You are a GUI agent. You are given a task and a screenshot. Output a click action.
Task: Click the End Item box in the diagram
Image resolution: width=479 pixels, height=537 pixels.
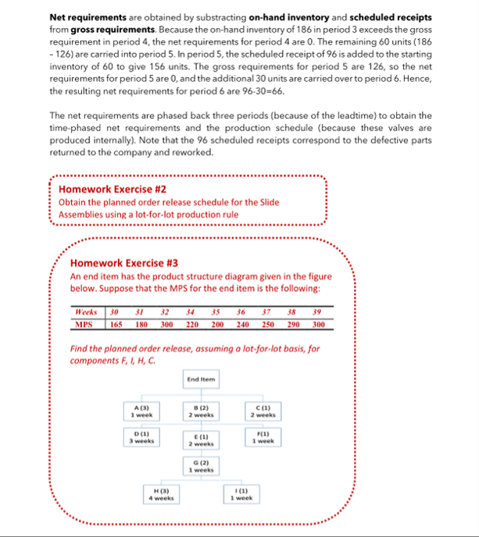tap(202, 379)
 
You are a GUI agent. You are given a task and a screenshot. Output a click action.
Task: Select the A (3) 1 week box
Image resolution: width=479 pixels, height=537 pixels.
tap(142, 410)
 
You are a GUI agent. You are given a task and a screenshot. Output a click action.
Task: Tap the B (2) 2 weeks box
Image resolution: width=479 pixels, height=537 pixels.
tap(202, 410)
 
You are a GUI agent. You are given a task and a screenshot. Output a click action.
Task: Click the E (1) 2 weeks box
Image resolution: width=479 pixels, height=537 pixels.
tap(202, 439)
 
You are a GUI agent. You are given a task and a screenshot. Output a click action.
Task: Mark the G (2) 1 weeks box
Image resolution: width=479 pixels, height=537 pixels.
tap(202, 468)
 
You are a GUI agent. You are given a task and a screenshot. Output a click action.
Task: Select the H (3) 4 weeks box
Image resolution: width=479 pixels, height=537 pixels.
tap(162, 494)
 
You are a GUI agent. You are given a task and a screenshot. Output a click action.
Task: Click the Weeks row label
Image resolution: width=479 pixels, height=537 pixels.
tap(84, 312)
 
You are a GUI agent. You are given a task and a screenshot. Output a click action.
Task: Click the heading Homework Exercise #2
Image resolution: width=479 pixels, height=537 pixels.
tap(113, 189)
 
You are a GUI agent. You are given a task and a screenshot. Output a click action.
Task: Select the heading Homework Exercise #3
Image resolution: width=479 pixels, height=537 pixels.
tap(123, 263)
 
